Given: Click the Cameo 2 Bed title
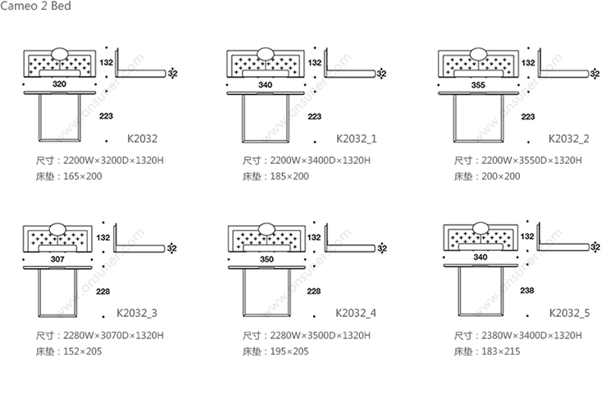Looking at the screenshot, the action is click(x=35, y=6).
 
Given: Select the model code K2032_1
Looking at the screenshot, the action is click(x=357, y=138).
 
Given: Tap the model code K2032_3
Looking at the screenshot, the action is click(x=137, y=313).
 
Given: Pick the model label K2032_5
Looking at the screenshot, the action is click(x=570, y=313).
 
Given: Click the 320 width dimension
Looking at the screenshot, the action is click(x=59, y=84).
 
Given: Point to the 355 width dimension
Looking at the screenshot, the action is click(x=478, y=84).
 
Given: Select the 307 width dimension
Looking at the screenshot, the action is click(x=57, y=259).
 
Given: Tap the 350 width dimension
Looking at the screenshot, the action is click(x=266, y=259).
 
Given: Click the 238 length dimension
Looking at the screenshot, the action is click(x=527, y=290).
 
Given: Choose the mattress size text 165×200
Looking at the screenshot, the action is click(x=82, y=176).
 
